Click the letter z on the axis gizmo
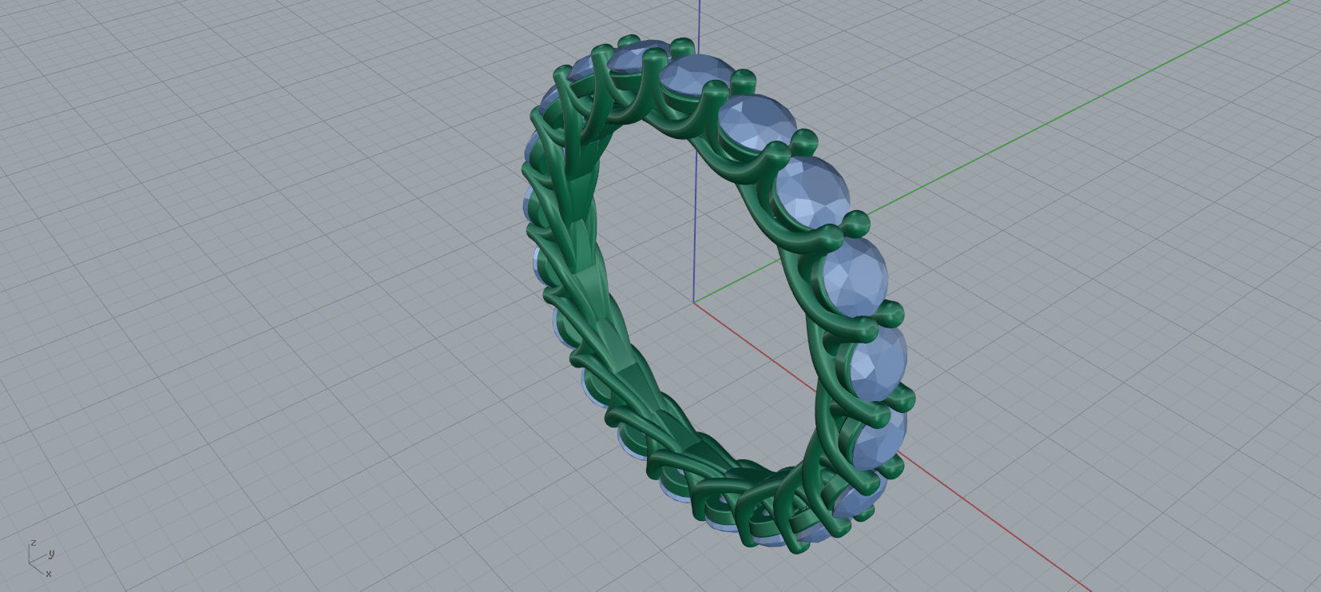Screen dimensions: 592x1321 pyautogui.click(x=34, y=542)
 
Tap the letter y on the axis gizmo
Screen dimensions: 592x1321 pyautogui.click(x=51, y=553)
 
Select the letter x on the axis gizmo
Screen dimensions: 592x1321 pyautogui.click(x=49, y=573)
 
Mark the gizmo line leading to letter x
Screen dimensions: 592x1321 pyautogui.click(x=38, y=567)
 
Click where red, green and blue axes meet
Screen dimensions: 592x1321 pyautogui.click(x=694, y=303)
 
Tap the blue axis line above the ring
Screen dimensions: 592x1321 pyautogui.click(x=699, y=24)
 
